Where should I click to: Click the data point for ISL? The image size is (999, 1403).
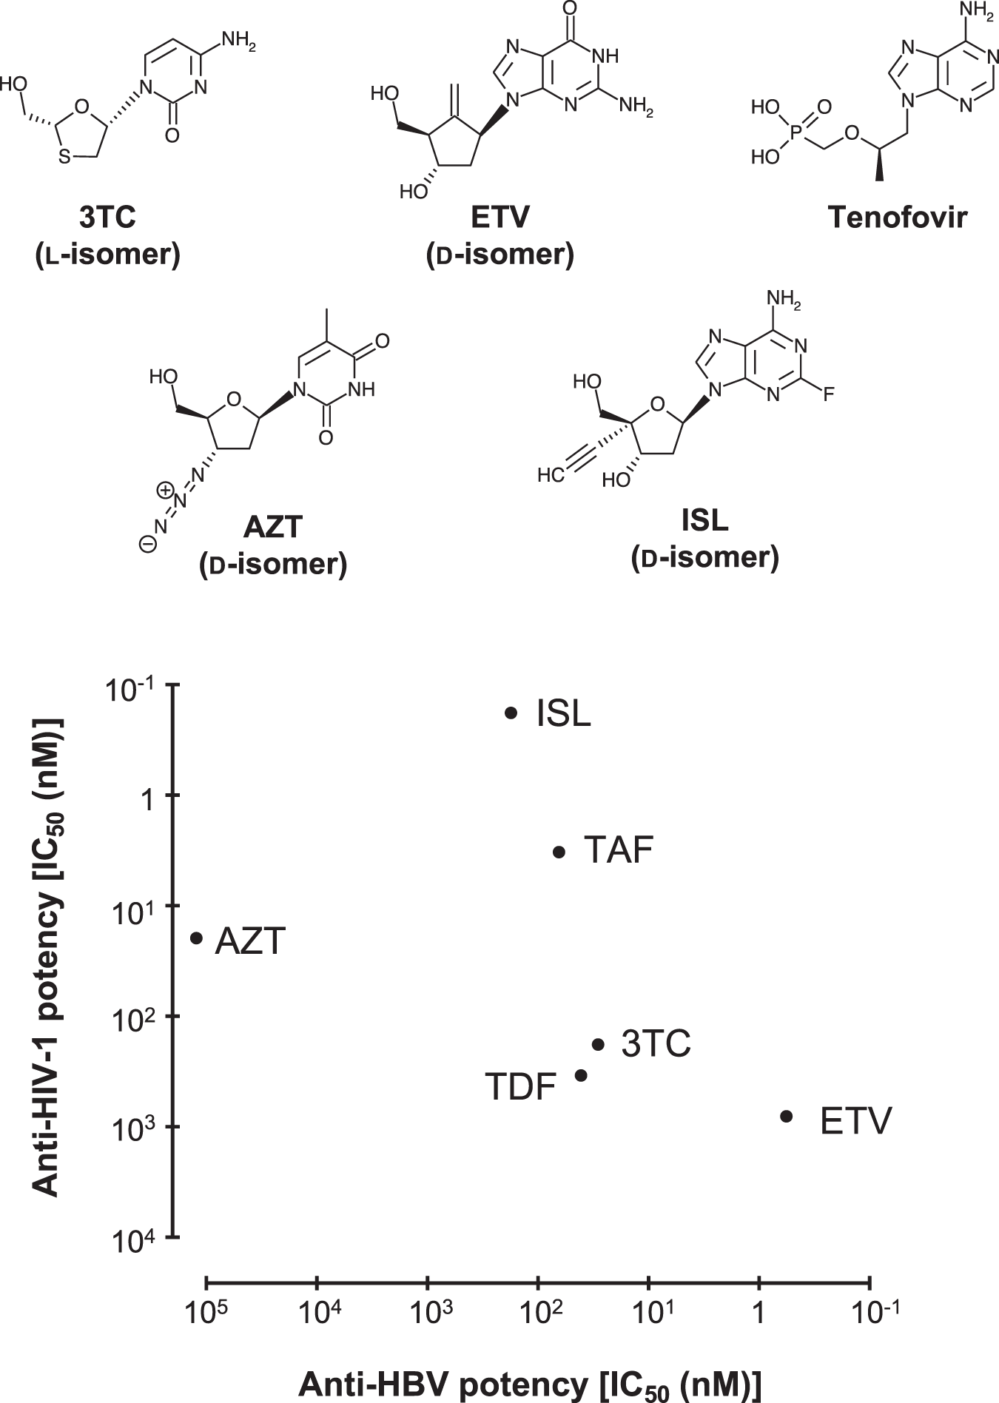point(511,713)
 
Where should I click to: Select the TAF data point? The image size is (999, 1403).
point(559,852)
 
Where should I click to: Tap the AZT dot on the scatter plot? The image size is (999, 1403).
point(197,938)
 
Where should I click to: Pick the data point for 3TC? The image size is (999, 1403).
point(599,1045)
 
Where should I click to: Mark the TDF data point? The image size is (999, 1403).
point(581,1075)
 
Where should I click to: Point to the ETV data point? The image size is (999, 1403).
point(787,1115)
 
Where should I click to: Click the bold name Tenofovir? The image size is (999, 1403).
point(898,218)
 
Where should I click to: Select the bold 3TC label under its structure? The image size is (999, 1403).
point(108,218)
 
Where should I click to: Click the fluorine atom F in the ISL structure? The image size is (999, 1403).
point(828,394)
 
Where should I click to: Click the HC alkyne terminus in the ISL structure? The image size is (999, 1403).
point(551,475)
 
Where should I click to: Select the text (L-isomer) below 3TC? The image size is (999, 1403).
point(108,255)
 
